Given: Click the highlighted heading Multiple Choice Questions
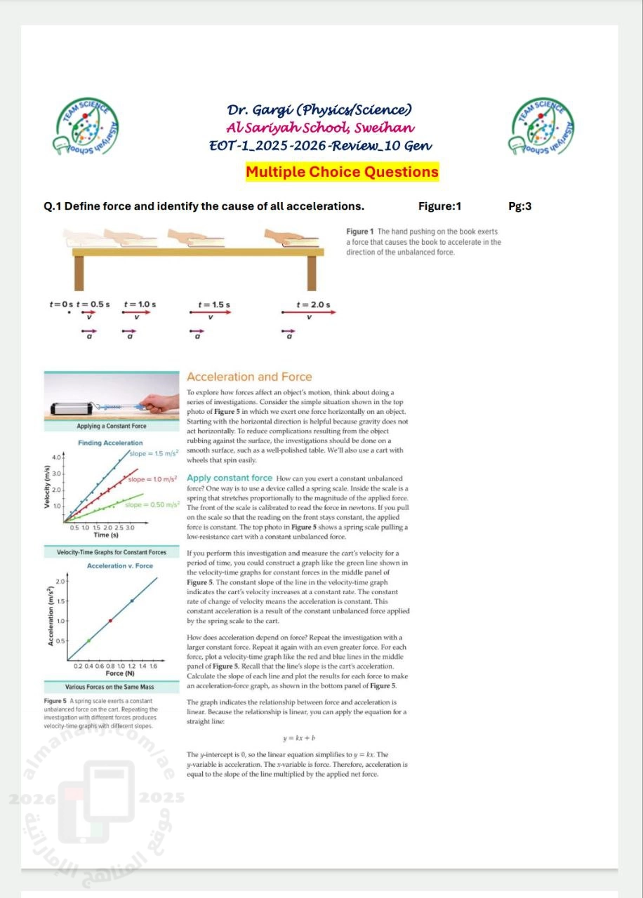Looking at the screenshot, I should (x=342, y=172).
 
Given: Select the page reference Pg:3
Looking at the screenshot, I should (x=519, y=206).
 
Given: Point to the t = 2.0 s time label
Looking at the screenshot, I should (x=312, y=304).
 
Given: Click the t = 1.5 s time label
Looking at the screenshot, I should (x=213, y=304).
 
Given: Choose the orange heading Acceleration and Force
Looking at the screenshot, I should (x=249, y=377).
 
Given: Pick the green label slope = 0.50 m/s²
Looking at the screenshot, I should (x=152, y=504).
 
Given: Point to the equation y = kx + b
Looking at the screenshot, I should (x=298, y=738).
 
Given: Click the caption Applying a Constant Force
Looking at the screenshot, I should (x=111, y=426).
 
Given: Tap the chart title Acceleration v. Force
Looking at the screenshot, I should (x=119, y=565).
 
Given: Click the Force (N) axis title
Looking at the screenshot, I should (x=115, y=673).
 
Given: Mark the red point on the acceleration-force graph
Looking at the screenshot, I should (x=110, y=620).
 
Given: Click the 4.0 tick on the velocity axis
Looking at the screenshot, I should (x=57, y=457).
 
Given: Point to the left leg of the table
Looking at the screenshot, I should (x=79, y=272).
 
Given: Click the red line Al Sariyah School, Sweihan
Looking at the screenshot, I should (x=320, y=128).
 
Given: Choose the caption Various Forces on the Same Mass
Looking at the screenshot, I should (x=110, y=686).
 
